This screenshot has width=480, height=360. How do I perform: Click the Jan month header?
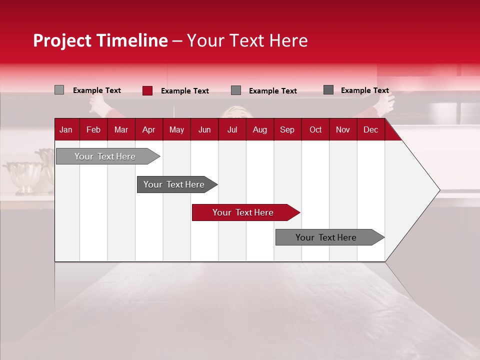pos(66,129)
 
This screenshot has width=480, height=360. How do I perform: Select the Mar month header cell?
pos(121,129)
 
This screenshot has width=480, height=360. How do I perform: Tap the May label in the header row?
pos(176,129)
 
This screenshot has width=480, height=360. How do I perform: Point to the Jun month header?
pos(204,129)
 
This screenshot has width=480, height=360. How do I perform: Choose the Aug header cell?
pos(259,129)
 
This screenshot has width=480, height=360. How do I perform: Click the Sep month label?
pos(287,129)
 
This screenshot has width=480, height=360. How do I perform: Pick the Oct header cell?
pos(315,129)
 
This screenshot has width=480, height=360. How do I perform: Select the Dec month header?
pos(370,129)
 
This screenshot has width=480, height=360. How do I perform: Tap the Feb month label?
pos(93,129)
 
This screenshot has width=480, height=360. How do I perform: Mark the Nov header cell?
pos(343,129)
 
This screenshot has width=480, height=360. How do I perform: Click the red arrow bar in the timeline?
pos(243,212)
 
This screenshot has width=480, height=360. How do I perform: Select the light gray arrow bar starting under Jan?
pos(105,156)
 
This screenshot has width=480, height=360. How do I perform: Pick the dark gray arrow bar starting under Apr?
pos(174,184)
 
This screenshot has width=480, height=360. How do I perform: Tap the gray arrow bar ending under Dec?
pos(326,237)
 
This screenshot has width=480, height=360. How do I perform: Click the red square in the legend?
pos(147,90)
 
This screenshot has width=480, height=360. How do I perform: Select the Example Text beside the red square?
pos(185,91)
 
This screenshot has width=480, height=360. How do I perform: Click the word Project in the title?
pos(62,40)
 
